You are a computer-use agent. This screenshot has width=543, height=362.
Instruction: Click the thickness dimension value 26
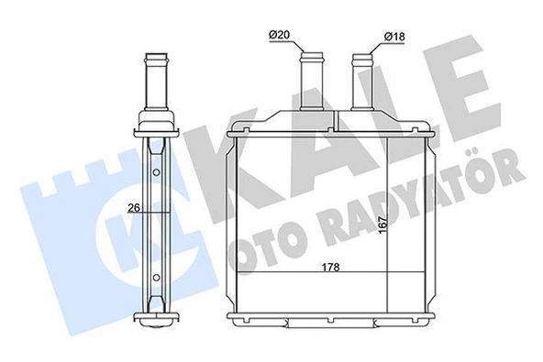(135, 207)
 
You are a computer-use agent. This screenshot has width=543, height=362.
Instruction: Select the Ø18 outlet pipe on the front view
(363, 77)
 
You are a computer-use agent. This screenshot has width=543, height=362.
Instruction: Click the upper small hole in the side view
(156, 171)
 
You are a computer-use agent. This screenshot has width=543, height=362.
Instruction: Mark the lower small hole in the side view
(156, 277)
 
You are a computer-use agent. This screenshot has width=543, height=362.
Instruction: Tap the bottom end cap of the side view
(157, 322)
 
